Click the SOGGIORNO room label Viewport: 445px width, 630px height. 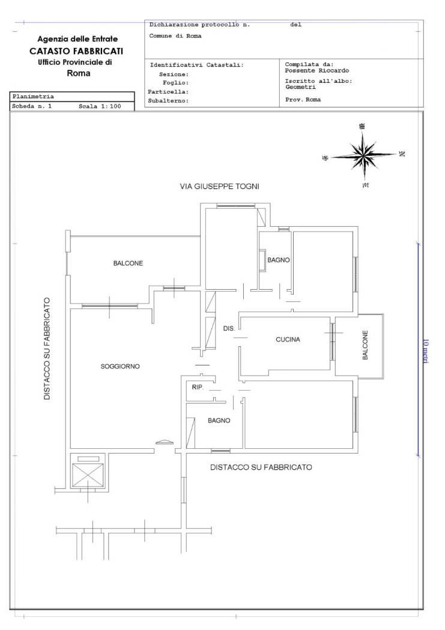[x=120, y=367]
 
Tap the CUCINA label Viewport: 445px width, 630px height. [x=288, y=340]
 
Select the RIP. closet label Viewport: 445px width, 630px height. [x=198, y=388]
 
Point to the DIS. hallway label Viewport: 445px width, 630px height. [x=229, y=329]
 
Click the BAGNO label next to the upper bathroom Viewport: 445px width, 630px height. [x=279, y=260]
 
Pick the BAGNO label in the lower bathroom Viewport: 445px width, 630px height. [x=219, y=421]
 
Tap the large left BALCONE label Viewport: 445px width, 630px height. [x=128, y=263]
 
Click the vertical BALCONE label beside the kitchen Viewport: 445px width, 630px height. [x=365, y=345]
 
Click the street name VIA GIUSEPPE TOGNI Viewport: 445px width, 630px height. [x=219, y=187]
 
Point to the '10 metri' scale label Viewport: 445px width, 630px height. [x=426, y=352]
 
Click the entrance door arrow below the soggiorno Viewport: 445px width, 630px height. [x=164, y=442]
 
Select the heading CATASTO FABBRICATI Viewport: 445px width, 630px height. [x=76, y=51]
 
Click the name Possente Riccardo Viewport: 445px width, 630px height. [x=316, y=71]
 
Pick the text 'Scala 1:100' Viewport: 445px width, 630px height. [x=100, y=106]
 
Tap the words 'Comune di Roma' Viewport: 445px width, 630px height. [x=175, y=36]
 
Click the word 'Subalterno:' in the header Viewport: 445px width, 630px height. [x=168, y=101]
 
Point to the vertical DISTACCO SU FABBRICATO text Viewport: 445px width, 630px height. [x=47, y=349]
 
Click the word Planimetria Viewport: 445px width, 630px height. [x=33, y=97]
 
